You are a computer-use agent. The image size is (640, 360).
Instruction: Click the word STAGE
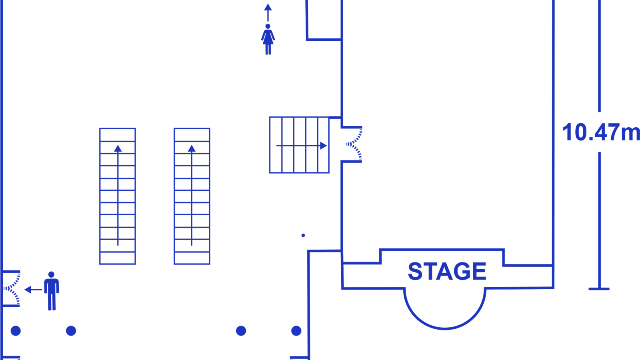click(x=447, y=271)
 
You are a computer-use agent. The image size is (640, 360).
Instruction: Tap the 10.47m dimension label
click(x=601, y=132)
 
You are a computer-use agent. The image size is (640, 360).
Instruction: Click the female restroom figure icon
click(x=268, y=39)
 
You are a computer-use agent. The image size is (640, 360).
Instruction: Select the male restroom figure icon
click(x=52, y=291)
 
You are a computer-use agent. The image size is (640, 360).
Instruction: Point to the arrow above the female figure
click(x=268, y=12)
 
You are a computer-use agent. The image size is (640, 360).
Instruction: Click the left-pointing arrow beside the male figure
click(x=34, y=290)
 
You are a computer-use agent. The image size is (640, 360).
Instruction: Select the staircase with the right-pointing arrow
click(x=300, y=145)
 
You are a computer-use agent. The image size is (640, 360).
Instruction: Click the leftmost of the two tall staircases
click(x=118, y=196)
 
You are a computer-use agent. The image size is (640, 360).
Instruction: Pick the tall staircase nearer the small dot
click(x=192, y=196)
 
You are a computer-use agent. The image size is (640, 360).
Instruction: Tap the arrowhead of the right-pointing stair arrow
click(x=324, y=146)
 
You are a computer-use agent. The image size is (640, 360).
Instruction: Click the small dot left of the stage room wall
click(x=303, y=236)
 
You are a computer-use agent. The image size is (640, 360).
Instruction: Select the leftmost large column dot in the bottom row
click(x=16, y=331)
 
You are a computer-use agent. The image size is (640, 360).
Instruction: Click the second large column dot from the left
click(x=71, y=331)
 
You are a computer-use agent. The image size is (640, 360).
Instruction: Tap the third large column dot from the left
click(x=241, y=331)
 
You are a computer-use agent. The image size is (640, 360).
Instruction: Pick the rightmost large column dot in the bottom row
click(x=296, y=331)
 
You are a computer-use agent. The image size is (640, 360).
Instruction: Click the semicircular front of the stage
click(x=445, y=328)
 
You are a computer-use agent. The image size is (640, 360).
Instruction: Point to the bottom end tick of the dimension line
click(x=599, y=289)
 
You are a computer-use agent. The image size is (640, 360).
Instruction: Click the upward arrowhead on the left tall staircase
click(x=118, y=148)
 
